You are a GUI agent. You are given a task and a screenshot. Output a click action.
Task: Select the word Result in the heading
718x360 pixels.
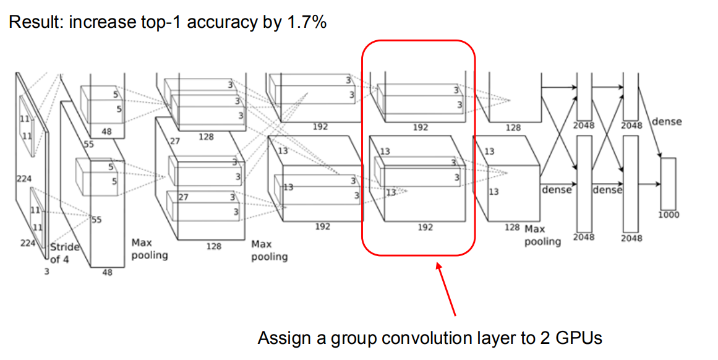coord(31,24)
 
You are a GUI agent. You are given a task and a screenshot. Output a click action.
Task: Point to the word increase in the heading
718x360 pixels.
coord(100,24)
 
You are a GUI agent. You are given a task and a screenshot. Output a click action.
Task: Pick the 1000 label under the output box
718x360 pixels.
coord(669,215)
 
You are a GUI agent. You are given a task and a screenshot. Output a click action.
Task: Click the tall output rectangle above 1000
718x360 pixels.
coord(669,184)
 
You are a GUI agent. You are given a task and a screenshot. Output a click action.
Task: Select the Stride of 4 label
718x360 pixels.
coord(65,253)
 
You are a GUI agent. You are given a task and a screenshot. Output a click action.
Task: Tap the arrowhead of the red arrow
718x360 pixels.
coord(440,268)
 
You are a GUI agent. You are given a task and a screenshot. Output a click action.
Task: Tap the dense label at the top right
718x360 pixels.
coord(667,122)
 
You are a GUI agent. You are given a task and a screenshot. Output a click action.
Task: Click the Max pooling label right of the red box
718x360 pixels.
coord(542,236)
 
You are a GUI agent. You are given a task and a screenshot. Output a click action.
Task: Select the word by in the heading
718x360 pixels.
coord(270,24)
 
